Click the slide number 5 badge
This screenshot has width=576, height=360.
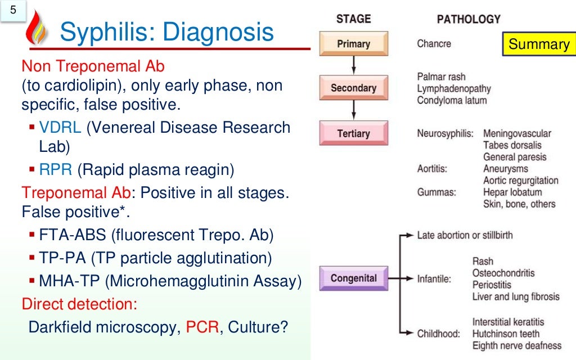point(13,11)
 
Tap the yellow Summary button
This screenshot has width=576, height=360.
point(538,44)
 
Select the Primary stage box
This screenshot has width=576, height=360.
point(353,44)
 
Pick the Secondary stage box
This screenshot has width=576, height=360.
point(353,88)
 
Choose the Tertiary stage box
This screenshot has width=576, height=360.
point(353,133)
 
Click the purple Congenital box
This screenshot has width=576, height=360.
point(353,278)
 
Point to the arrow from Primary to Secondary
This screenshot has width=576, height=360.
point(353,66)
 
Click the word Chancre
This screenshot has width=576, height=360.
point(434,44)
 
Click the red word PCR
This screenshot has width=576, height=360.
point(202,327)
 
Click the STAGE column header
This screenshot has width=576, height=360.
point(353,19)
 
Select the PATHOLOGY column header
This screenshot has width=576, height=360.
point(469,19)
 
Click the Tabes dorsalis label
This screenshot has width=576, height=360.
point(512,145)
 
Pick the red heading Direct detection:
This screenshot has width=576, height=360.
point(79,304)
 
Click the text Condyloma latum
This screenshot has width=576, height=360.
point(452,101)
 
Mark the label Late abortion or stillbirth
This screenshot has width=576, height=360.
point(465,235)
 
